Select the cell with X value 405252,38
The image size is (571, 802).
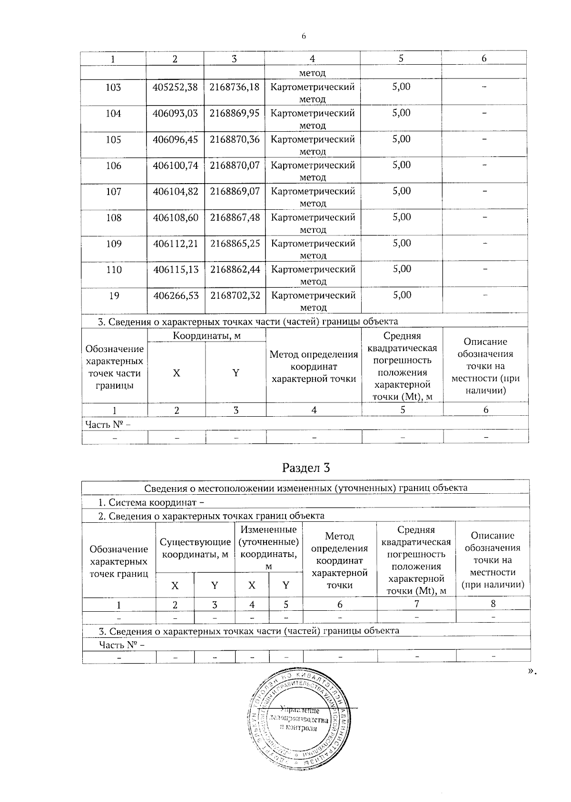pyautogui.click(x=175, y=88)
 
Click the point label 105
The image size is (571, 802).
pyautogui.click(x=113, y=140)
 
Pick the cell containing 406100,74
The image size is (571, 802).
pyautogui.click(x=175, y=166)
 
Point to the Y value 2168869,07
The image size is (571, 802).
pyautogui.click(x=235, y=192)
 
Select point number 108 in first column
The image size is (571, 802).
pyautogui.click(x=113, y=218)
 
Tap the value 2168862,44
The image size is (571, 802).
pyautogui.click(x=235, y=270)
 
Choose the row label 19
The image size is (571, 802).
pyautogui.click(x=114, y=296)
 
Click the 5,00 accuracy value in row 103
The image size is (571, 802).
pyautogui.click(x=401, y=87)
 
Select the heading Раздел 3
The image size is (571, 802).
pyautogui.click(x=306, y=468)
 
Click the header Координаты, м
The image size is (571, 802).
pyautogui.click(x=207, y=336)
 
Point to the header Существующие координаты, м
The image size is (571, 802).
pyautogui.click(x=195, y=548)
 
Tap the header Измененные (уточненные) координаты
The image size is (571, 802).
pyautogui.click(x=269, y=548)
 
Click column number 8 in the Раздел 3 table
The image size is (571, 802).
pyautogui.click(x=493, y=604)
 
